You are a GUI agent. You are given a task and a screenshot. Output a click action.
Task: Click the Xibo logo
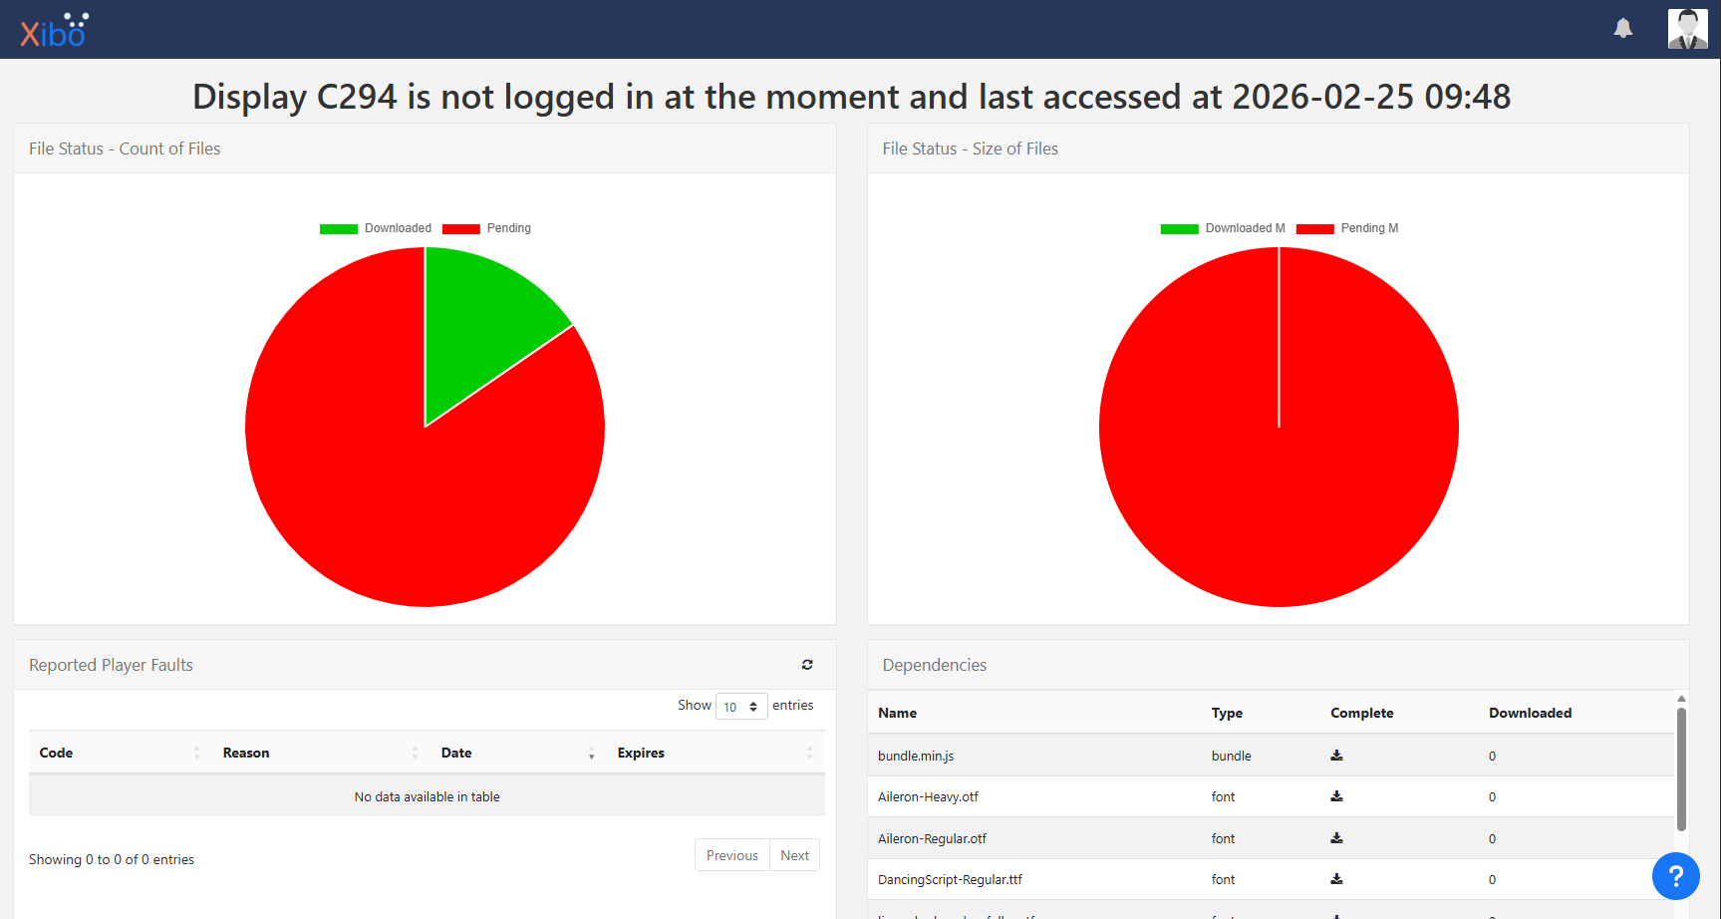tap(54, 31)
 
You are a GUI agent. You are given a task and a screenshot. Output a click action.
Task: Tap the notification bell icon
tap(1622, 29)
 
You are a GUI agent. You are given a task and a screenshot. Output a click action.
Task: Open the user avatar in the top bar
tap(1687, 29)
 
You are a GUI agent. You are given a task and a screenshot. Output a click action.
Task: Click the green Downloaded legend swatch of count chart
tap(339, 229)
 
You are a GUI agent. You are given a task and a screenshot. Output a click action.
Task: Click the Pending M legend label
tap(1369, 228)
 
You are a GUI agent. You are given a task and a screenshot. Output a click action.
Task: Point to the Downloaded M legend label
tap(1245, 228)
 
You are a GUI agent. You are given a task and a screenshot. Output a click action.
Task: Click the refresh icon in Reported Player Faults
tap(807, 665)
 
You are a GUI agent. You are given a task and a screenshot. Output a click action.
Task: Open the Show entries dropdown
tap(741, 707)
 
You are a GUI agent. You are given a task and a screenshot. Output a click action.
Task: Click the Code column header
tap(57, 753)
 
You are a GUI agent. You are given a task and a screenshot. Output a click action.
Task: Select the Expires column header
tap(641, 753)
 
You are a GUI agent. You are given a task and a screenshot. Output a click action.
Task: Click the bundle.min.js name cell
tap(916, 756)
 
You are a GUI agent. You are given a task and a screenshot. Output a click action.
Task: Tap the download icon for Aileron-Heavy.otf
tap(1336, 796)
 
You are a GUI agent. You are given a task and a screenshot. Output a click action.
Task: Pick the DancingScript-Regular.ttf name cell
tap(950, 879)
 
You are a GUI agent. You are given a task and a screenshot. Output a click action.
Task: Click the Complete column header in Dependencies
tap(1361, 713)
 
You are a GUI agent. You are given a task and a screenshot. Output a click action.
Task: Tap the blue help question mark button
tap(1675, 876)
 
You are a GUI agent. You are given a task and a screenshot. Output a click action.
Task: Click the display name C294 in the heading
tap(356, 97)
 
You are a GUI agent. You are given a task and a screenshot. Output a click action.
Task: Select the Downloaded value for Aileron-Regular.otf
tap(1492, 838)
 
